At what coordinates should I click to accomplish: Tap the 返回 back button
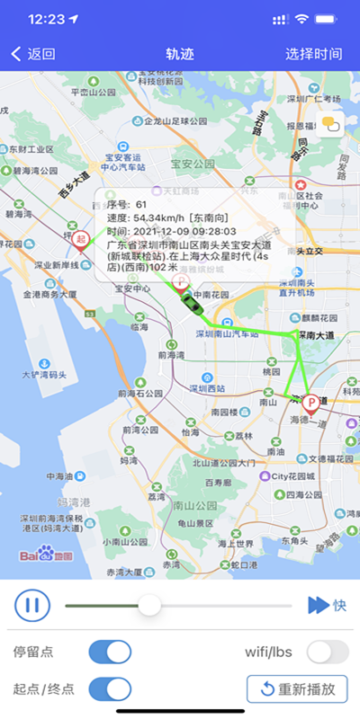tap(33, 54)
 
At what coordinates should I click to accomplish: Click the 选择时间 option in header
tap(314, 54)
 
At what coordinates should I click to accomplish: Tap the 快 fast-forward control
tap(327, 605)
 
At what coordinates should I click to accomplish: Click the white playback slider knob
tap(149, 605)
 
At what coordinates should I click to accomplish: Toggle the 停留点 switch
tap(111, 652)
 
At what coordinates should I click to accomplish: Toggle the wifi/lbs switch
tap(328, 652)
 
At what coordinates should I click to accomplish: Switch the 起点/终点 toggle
tap(111, 689)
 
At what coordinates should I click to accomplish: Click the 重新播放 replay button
tap(297, 689)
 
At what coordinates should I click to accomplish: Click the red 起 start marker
tap(82, 239)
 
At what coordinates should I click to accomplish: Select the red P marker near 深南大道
tap(311, 403)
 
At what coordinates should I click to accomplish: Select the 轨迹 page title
tap(180, 54)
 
